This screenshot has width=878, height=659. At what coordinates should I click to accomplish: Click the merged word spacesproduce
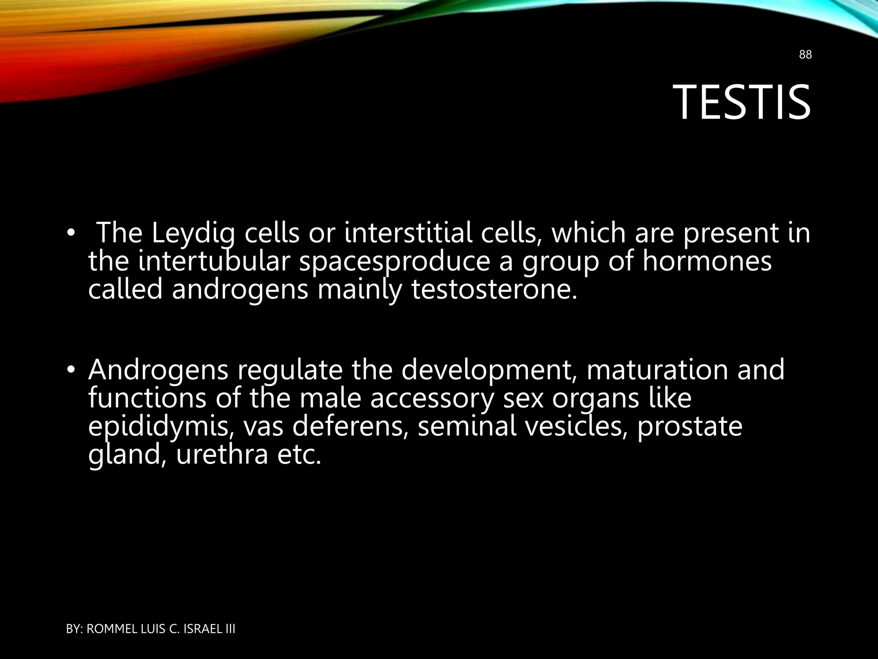point(394,263)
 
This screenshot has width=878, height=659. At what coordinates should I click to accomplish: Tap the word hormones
point(707,262)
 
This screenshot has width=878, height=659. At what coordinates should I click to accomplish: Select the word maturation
point(656,370)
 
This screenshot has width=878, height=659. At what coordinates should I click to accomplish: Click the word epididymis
point(161,427)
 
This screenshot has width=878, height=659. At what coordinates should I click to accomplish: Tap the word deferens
point(349,427)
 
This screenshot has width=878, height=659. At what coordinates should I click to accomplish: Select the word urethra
point(222,455)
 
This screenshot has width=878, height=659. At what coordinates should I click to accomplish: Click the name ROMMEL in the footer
point(112,629)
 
